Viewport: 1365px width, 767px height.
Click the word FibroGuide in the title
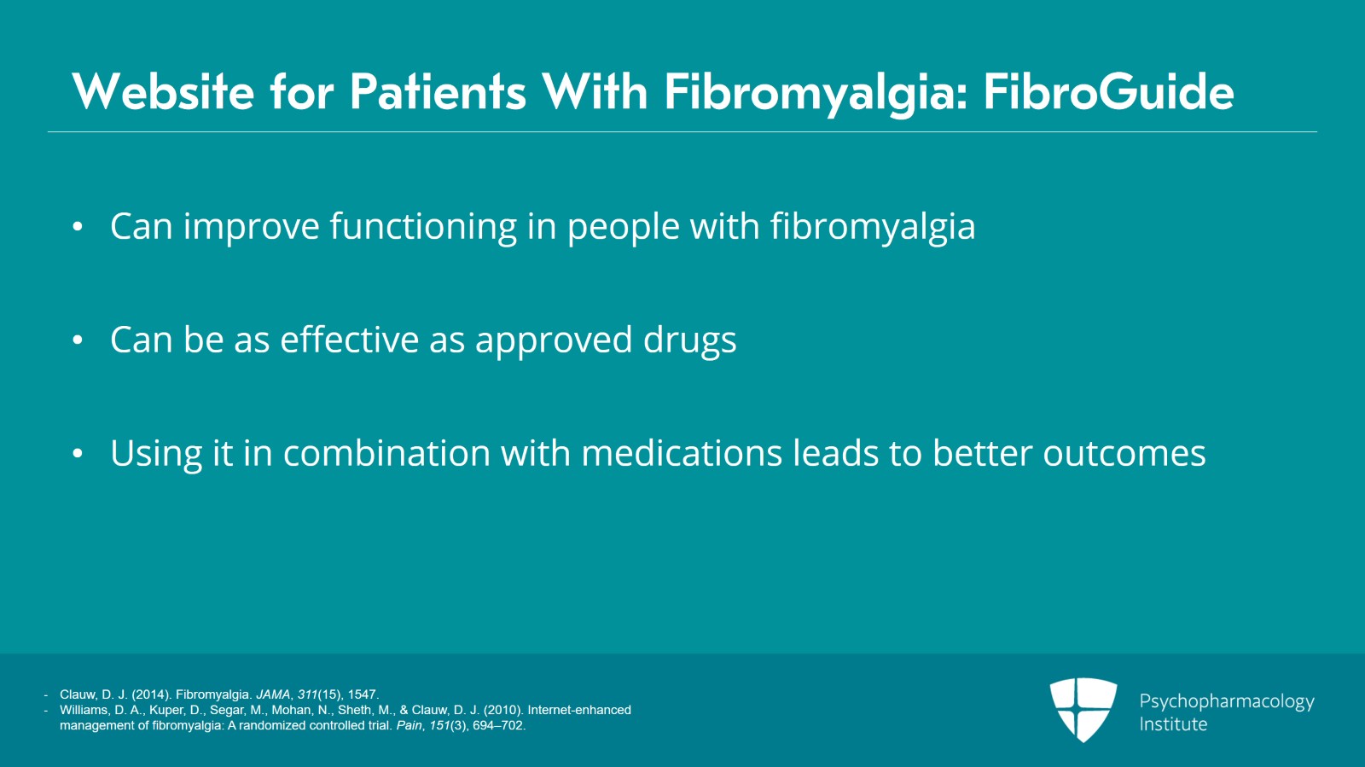coord(1108,92)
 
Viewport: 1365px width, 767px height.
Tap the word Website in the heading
coord(163,92)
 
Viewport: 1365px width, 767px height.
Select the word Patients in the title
coord(438,92)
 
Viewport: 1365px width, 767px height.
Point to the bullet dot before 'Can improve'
coord(78,227)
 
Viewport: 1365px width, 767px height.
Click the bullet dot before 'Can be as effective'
coord(78,340)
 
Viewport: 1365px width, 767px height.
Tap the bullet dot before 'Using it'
coord(78,453)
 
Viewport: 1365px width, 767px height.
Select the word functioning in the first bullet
coord(423,227)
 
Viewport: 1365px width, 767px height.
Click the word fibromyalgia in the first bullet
coord(873,227)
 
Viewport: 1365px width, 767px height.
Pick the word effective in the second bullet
coord(349,340)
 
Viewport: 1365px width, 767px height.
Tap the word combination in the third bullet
coord(387,453)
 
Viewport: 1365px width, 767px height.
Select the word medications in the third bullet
coord(682,453)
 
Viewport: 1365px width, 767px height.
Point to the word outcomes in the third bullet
coord(1124,455)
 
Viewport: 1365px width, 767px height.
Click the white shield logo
coord(1083,710)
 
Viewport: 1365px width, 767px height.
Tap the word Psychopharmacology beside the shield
coord(1227,702)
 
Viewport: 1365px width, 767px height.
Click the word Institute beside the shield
coord(1173,724)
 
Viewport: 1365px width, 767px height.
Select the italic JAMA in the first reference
coord(273,694)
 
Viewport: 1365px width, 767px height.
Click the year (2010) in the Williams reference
coord(504,711)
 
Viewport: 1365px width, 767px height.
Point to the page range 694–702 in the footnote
coord(498,725)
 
